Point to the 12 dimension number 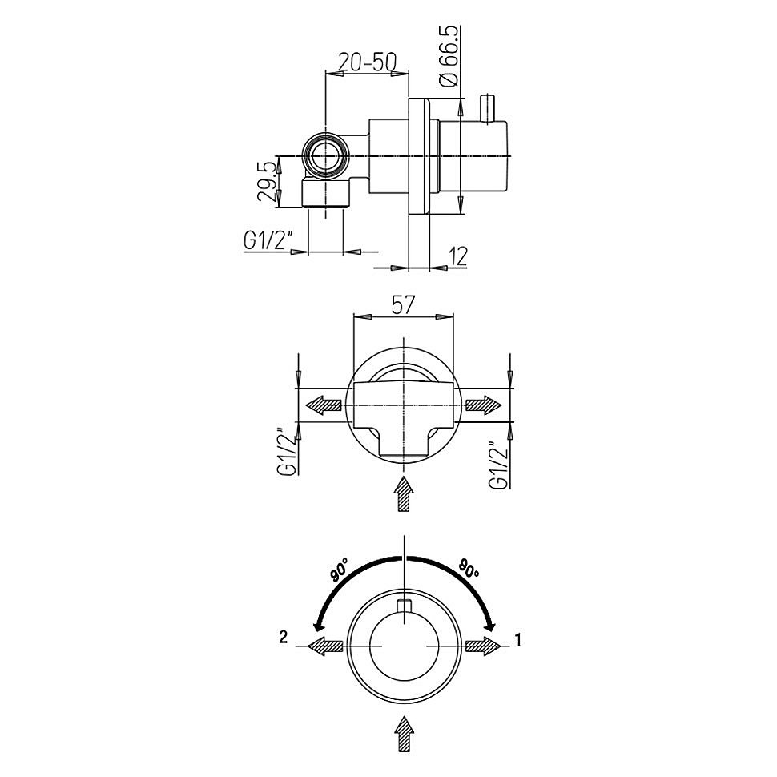click(x=459, y=256)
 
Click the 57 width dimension click(x=403, y=304)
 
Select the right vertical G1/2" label click(x=500, y=465)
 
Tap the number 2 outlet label click(x=283, y=638)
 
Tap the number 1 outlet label click(x=518, y=640)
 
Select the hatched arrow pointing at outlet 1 click(x=484, y=646)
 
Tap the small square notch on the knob click(x=405, y=606)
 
